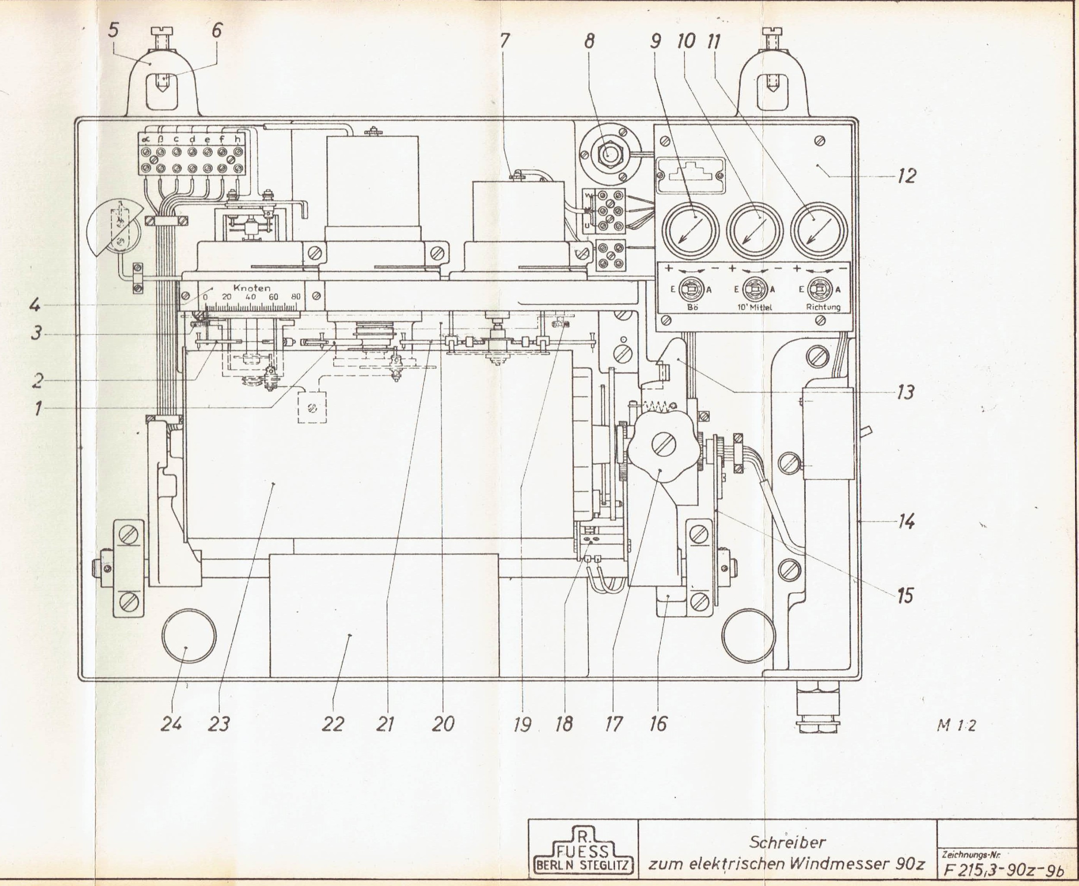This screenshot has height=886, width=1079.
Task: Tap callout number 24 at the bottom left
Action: [x=171, y=724]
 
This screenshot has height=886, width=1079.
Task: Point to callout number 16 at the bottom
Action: [x=658, y=724]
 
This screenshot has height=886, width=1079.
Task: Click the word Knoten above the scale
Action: [x=251, y=288]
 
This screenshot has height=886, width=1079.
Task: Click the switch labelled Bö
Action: [x=692, y=289]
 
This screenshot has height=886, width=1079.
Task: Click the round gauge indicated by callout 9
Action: [x=690, y=230]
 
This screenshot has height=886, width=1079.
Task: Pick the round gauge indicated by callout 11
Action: [x=819, y=230]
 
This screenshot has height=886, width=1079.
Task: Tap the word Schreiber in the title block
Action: [x=787, y=841]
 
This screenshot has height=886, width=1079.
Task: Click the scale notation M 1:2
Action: [x=956, y=726]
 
